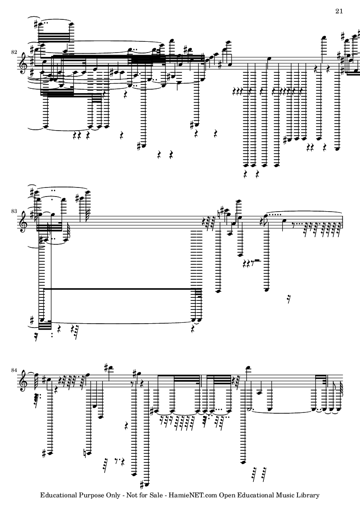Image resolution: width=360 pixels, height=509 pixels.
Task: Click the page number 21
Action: click(x=339, y=11)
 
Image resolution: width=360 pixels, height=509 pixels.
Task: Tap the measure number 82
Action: click(x=14, y=52)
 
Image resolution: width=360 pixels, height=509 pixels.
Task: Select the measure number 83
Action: click(x=14, y=211)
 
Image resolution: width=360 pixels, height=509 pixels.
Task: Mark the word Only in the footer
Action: click(x=113, y=496)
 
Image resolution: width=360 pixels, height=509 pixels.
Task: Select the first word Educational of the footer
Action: click(x=59, y=495)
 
